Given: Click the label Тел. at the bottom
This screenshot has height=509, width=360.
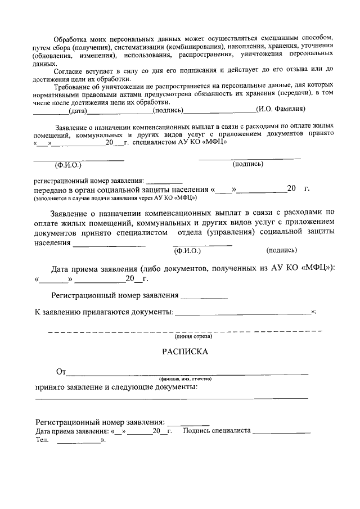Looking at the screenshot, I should point(42,440).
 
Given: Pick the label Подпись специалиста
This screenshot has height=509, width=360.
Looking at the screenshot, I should point(217,431).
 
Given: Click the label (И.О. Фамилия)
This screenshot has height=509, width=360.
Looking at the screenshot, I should point(280,109).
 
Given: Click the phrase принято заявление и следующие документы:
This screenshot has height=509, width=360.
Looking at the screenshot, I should point(116,387).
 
